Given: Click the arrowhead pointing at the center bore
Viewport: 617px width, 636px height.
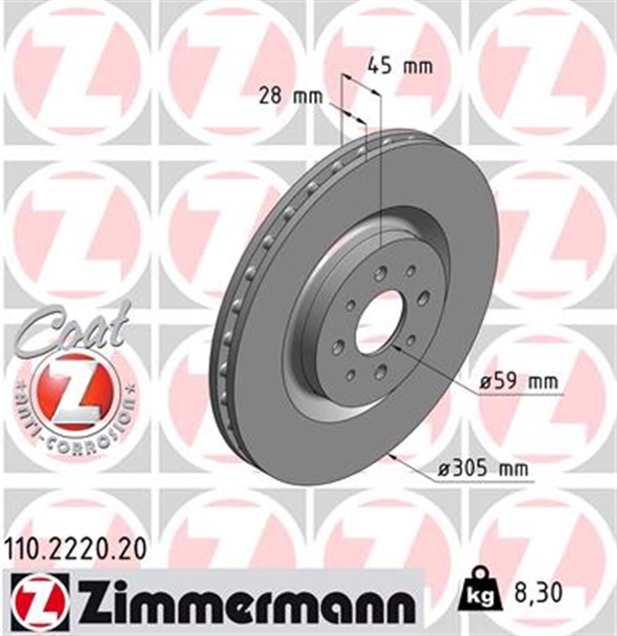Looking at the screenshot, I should (401, 347).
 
